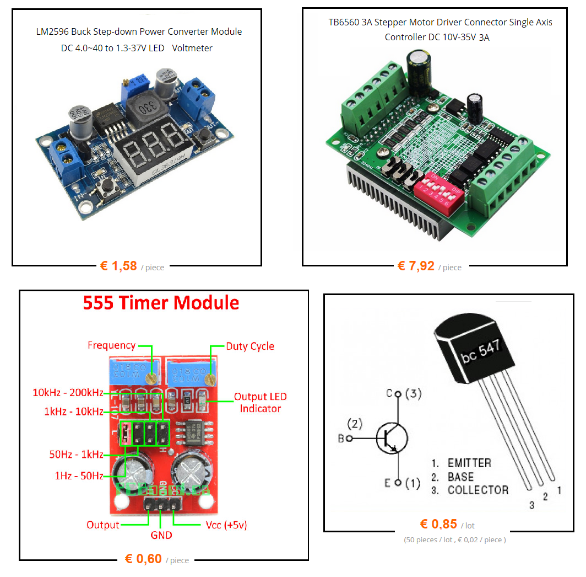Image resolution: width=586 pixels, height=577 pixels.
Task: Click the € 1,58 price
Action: click(x=118, y=266)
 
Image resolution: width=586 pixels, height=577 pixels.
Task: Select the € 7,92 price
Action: click(x=416, y=266)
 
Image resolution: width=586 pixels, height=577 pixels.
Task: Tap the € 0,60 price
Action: click(x=143, y=559)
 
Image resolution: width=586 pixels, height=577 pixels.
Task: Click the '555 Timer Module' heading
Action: click(x=161, y=303)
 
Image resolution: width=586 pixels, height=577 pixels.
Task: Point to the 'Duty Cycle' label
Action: click(x=250, y=346)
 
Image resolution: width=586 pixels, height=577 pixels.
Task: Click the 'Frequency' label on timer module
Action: click(x=111, y=345)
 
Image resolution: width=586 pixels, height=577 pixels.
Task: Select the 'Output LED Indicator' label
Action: click(x=260, y=403)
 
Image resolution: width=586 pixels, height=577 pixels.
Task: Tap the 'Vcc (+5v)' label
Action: click(x=226, y=525)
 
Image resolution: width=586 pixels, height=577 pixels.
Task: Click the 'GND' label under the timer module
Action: click(x=161, y=535)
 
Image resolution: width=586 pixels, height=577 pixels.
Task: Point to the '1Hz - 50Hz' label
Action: click(x=79, y=476)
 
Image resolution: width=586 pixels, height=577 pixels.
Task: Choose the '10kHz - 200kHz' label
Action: click(x=68, y=393)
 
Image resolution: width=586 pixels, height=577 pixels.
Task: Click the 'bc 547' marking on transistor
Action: click(x=481, y=351)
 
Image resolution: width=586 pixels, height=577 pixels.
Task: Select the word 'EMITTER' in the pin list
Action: click(x=469, y=463)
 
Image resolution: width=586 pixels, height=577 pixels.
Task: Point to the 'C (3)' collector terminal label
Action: click(x=403, y=394)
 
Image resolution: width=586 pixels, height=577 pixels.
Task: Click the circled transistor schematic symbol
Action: click(x=392, y=439)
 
